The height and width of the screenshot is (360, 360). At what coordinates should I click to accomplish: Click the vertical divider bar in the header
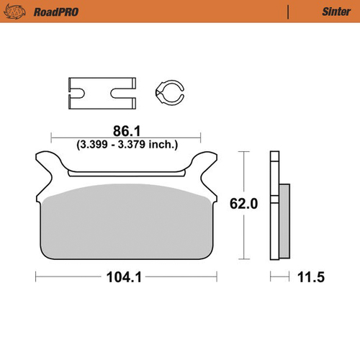(288, 12)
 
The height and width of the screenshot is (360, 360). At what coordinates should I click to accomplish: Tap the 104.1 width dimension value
(125, 276)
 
